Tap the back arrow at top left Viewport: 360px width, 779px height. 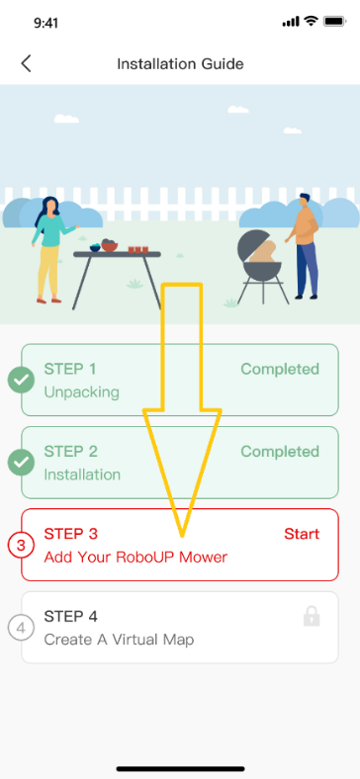tap(26, 64)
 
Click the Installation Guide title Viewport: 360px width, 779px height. tap(180, 64)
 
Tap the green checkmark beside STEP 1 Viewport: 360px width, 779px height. tap(21, 380)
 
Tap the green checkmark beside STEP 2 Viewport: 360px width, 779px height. tap(21, 462)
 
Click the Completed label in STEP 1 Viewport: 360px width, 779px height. tap(280, 370)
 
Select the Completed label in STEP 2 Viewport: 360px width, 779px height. tap(280, 452)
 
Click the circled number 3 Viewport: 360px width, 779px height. tap(21, 545)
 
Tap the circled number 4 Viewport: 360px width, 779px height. tap(21, 627)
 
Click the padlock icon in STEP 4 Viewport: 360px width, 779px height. tap(312, 617)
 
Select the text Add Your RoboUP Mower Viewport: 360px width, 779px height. tap(135, 557)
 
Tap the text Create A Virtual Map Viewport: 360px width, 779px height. tap(119, 639)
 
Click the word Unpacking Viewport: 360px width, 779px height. tap(81, 391)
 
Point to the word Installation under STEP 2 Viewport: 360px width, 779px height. tap(82, 474)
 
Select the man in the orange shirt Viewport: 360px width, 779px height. tap(306, 242)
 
